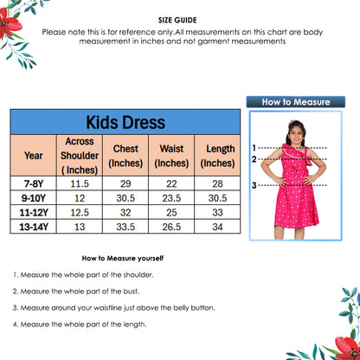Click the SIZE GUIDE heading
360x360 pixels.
tap(178, 18)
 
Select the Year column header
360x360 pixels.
tap(34, 157)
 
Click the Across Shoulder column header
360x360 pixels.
tap(80, 156)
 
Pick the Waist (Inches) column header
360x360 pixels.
tap(171, 156)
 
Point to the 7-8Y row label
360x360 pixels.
tap(34, 183)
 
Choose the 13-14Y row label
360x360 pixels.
tap(34, 228)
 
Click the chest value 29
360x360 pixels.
tap(125, 183)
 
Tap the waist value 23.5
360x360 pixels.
tap(171, 198)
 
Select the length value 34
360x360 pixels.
tap(217, 228)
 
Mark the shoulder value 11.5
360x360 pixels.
tap(80, 183)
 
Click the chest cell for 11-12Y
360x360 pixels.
tap(125, 213)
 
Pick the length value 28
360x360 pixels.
tap(217, 183)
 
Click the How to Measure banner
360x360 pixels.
tap(296, 101)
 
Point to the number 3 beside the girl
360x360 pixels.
tap(254, 185)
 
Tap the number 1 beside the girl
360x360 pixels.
tap(254, 148)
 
